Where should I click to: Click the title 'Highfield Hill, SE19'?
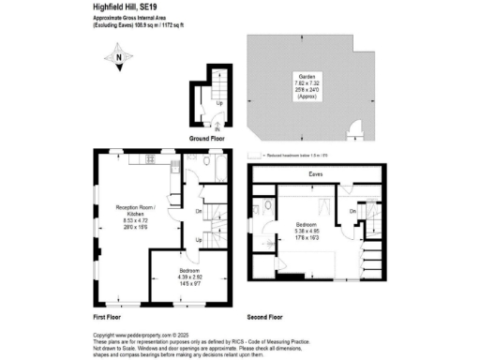point(128,7)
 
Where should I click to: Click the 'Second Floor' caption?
point(265,318)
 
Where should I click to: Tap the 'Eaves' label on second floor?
point(316,174)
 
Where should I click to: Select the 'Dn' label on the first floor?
point(200,212)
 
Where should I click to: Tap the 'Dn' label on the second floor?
point(352,211)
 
